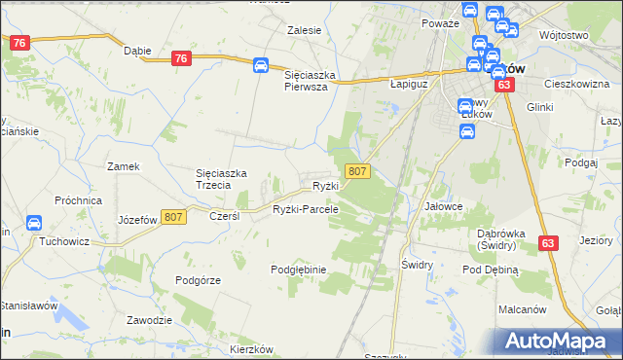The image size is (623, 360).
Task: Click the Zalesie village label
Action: click(x=304, y=30)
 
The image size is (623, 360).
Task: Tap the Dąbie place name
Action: click(x=136, y=51)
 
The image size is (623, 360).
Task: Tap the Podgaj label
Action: click(x=580, y=162)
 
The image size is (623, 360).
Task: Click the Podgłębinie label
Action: click(x=298, y=269)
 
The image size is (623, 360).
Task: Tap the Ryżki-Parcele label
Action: click(x=305, y=209)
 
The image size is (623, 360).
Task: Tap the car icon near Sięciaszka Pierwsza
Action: click(x=261, y=65)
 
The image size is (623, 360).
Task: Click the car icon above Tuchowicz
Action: click(x=34, y=223)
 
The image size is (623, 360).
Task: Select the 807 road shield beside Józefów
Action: click(x=174, y=217)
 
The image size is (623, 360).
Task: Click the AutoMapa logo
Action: click(x=558, y=342)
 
